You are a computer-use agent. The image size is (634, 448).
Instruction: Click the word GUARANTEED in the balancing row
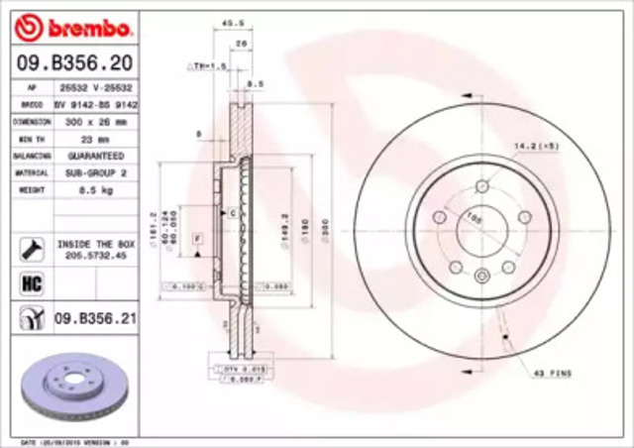95,156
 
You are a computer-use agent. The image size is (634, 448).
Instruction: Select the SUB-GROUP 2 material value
95,171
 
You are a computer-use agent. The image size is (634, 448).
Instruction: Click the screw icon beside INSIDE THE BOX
30,248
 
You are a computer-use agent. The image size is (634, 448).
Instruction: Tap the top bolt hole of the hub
482,186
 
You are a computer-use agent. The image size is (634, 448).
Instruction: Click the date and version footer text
75,440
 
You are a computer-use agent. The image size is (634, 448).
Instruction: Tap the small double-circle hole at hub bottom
482,278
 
